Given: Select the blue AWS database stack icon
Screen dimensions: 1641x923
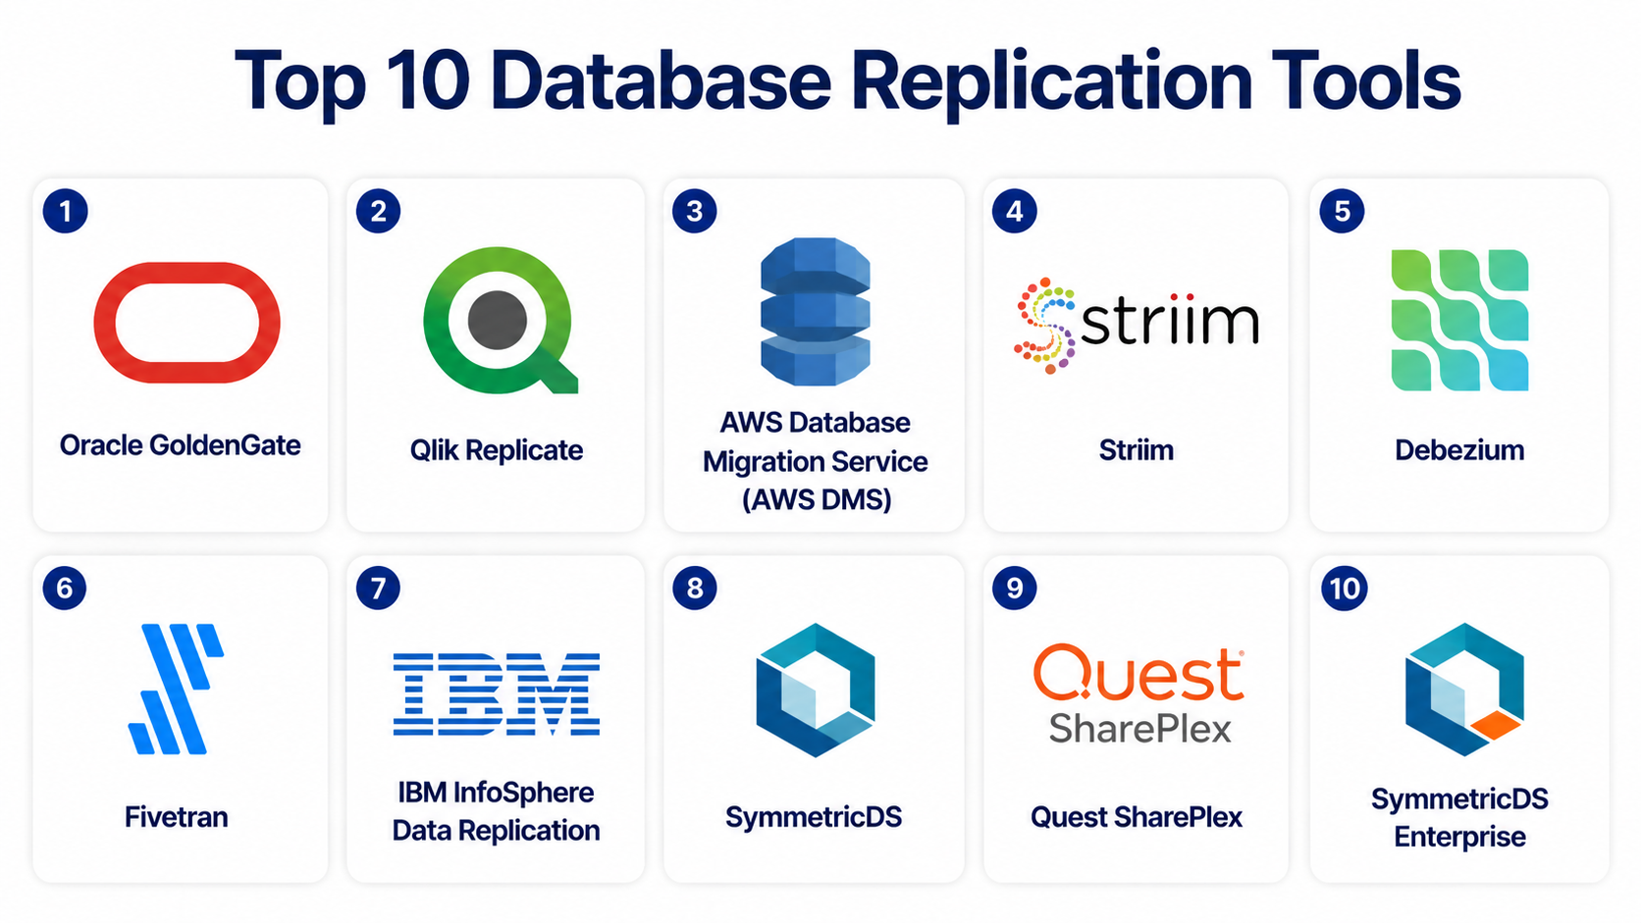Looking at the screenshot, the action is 816,312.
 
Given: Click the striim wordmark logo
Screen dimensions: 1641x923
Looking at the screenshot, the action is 1137,326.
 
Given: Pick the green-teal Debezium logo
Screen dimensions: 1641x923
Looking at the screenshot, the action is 1459,320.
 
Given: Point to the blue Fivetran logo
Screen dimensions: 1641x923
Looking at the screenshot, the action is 176,688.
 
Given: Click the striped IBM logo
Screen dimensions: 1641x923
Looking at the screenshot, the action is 497,693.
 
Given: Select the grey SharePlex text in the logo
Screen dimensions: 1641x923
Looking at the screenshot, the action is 1139,729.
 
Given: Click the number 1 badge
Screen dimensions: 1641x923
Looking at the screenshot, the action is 65,212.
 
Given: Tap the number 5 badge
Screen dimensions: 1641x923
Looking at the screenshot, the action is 1342,212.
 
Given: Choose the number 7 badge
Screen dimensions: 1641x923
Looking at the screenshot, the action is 378,588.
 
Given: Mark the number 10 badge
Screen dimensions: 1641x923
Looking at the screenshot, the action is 1345,588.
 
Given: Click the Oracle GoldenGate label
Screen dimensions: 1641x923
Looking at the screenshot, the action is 181,445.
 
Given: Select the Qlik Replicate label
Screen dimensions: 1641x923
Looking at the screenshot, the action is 496,450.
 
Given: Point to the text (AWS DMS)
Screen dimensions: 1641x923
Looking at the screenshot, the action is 817,500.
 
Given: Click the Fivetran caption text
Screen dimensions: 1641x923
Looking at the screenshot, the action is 176,817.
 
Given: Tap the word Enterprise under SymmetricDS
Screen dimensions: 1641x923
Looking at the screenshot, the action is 1459,837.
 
